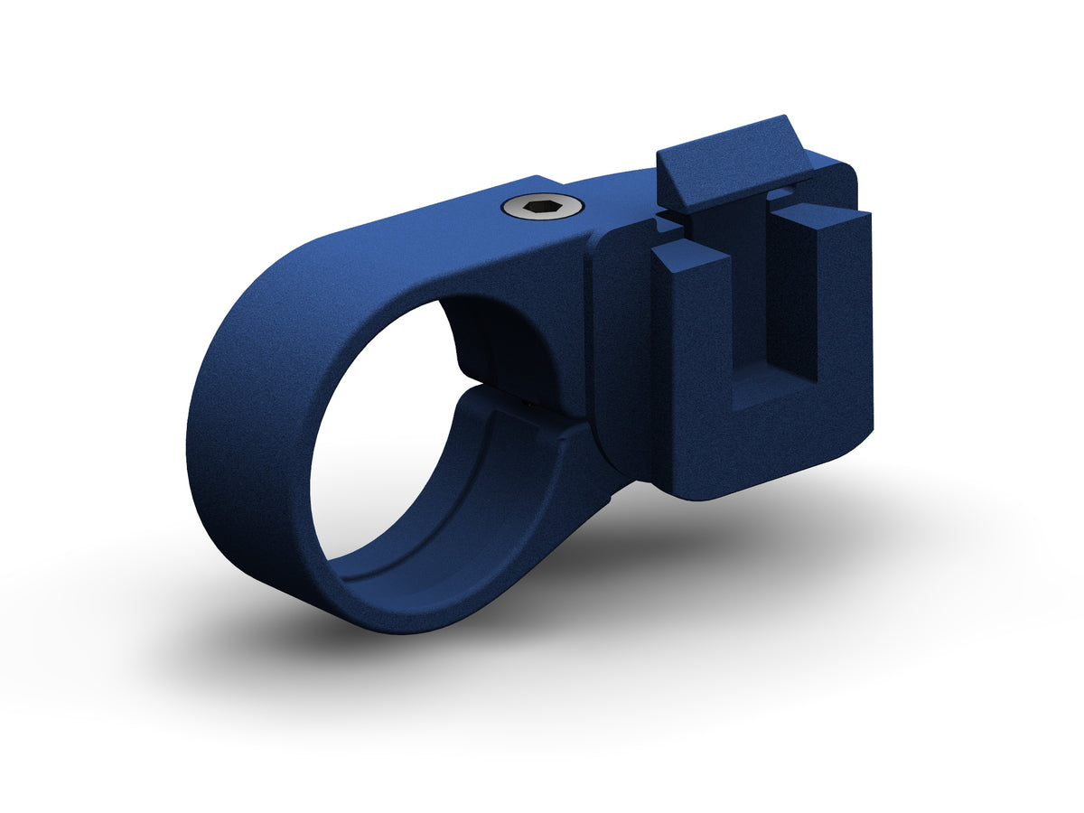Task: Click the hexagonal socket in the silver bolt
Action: (x=543, y=209)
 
